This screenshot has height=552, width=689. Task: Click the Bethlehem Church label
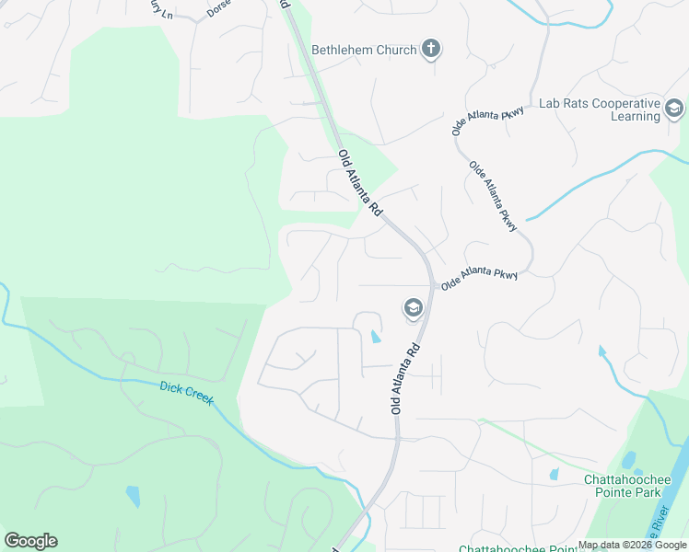pyautogui.click(x=364, y=50)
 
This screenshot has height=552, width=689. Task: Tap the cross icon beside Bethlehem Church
pyautogui.click(x=431, y=49)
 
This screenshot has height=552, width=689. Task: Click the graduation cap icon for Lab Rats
pyautogui.click(x=675, y=110)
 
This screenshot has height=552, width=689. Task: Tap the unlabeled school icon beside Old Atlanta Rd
pyautogui.click(x=412, y=307)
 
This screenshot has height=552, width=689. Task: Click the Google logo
pyautogui.click(x=30, y=541)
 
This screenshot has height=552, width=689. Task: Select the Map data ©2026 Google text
pyautogui.click(x=633, y=546)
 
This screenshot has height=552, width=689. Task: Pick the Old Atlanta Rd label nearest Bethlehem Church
pyautogui.click(x=360, y=183)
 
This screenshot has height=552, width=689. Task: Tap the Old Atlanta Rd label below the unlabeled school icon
pyautogui.click(x=405, y=379)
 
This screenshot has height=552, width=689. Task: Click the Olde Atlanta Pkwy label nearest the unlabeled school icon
pyautogui.click(x=479, y=280)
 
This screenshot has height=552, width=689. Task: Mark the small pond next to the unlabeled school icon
pyautogui.click(x=375, y=337)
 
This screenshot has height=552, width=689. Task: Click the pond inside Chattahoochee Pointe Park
pyautogui.click(x=629, y=460)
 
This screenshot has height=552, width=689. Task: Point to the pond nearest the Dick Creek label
pyautogui.click(x=134, y=496)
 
